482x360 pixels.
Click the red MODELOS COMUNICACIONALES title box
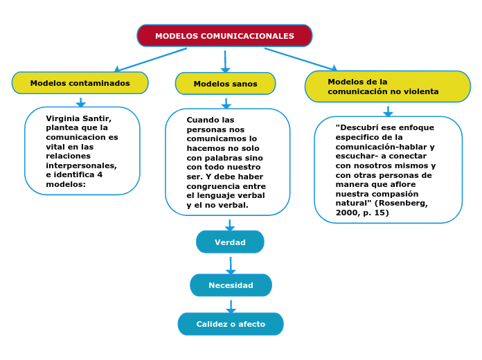(x=224, y=36)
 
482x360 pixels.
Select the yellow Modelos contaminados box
(x=80, y=83)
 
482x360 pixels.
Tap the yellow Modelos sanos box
(x=225, y=84)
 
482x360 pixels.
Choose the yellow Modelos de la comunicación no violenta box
(x=387, y=87)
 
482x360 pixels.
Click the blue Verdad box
(x=230, y=242)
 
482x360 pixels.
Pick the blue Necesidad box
(x=231, y=285)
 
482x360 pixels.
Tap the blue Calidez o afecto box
(x=231, y=324)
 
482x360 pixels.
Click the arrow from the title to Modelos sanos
(x=225, y=61)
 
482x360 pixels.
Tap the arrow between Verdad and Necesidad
(x=231, y=265)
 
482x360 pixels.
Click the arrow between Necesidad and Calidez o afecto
(x=231, y=306)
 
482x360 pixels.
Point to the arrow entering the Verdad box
(x=230, y=225)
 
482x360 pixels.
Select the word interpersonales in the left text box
(x=81, y=165)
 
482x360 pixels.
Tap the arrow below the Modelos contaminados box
(x=81, y=102)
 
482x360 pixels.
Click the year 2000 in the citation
(x=346, y=213)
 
